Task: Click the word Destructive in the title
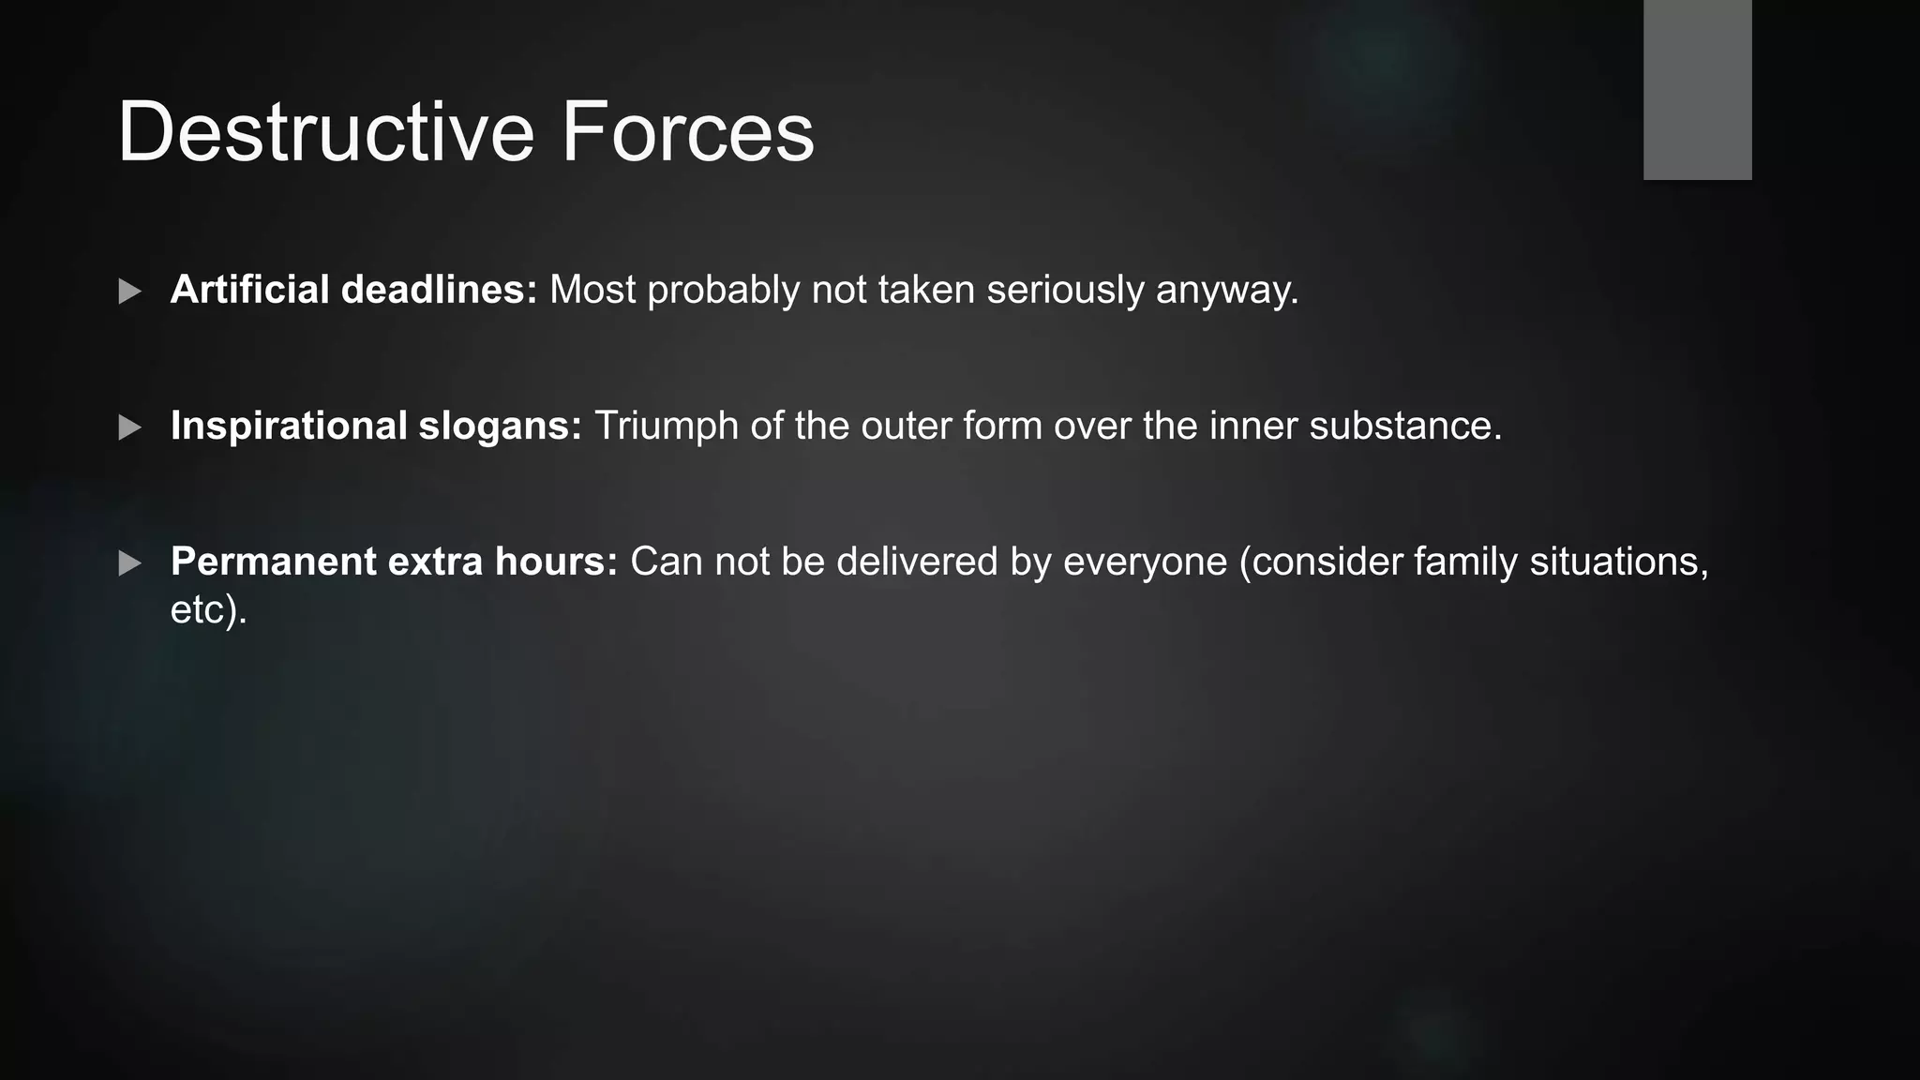pyautogui.click(x=325, y=132)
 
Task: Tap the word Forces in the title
pyautogui.click(x=687, y=132)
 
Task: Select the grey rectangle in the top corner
pyautogui.click(x=1697, y=89)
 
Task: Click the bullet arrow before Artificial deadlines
pyautogui.click(x=130, y=292)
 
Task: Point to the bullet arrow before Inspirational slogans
pyautogui.click(x=130, y=427)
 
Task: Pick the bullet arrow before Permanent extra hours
pyautogui.click(x=130, y=563)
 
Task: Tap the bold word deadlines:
pyautogui.click(x=439, y=290)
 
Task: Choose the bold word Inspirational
pyautogui.click(x=288, y=427)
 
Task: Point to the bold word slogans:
pyautogui.click(x=500, y=427)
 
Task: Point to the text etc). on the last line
pyautogui.click(x=208, y=610)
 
